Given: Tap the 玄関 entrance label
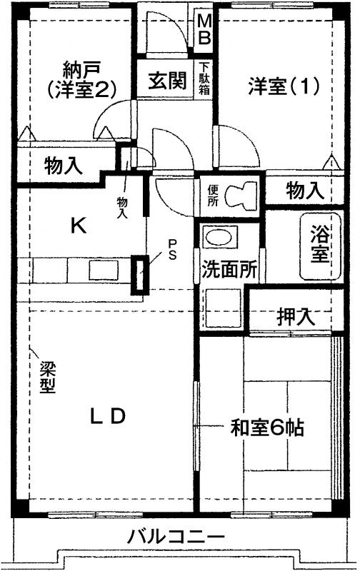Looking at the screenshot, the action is [167, 80].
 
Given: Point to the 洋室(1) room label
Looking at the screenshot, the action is [284, 86].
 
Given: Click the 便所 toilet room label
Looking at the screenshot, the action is [213, 196].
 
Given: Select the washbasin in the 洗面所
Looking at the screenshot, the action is [219, 238].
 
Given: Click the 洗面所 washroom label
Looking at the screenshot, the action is [229, 270].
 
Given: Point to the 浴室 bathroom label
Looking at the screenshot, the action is [319, 244].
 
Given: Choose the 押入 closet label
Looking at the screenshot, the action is [296, 316].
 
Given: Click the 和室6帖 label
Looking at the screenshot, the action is [267, 428].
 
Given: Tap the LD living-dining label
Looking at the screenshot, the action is [108, 416].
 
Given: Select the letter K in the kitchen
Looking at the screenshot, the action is [79, 226].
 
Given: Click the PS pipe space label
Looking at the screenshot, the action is [173, 249].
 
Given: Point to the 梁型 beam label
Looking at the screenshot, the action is [47, 377].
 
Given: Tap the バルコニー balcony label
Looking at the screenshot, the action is [175, 537].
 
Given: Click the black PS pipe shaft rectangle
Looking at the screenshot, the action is [140, 275].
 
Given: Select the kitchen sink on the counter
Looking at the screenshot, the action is [103, 270].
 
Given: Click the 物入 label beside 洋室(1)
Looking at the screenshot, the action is [305, 191].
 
